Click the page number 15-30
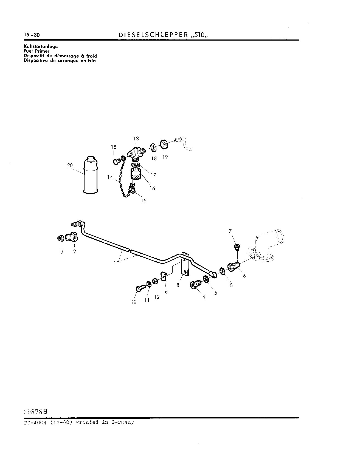coord(32,35)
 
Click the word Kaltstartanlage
coord(41,46)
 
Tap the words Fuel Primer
coord(37,51)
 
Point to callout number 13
coord(136,139)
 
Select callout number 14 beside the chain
coord(110,177)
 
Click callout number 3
coord(62,252)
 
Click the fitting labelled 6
coord(234,266)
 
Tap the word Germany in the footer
coord(122,423)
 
